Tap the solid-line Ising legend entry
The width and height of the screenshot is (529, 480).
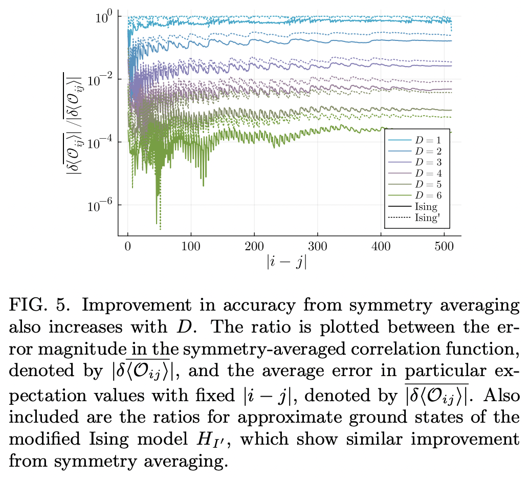click(415, 206)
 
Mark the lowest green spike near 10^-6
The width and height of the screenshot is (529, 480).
click(156, 222)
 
